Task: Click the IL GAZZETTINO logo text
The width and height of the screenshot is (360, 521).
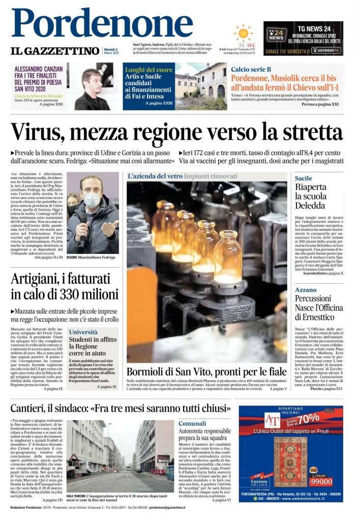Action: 55,51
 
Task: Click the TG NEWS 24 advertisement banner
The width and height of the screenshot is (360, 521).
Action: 303,38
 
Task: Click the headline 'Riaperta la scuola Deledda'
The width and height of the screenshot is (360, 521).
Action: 311,196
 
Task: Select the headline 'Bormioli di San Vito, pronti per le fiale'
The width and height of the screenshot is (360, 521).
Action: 206,371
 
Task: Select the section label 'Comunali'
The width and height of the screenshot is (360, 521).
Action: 192,423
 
